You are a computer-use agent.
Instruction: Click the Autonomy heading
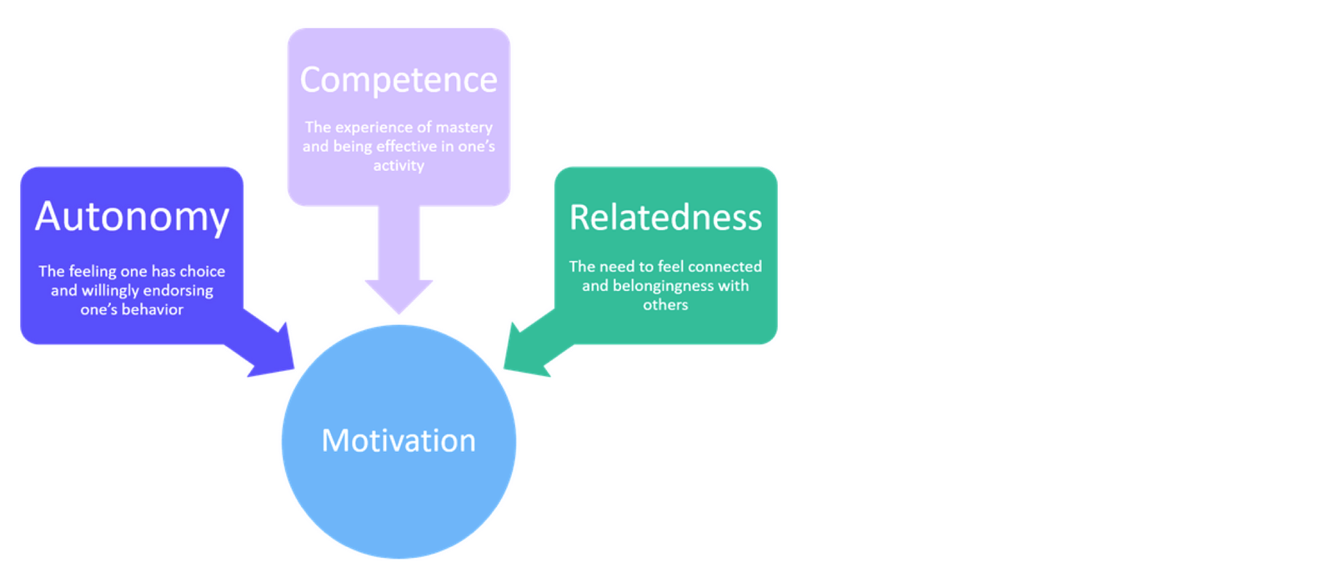(132, 217)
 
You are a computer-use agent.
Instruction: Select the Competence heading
(399, 80)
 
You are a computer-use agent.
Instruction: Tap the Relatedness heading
(665, 218)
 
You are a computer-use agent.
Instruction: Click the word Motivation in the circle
(399, 440)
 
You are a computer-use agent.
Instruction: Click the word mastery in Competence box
(464, 128)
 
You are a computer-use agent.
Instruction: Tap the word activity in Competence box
(399, 166)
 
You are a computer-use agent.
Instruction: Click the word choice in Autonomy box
(203, 272)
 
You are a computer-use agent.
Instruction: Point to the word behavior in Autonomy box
(153, 309)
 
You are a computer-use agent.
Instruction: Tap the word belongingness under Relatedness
(663, 286)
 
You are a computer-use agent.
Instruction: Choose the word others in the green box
(665, 305)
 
